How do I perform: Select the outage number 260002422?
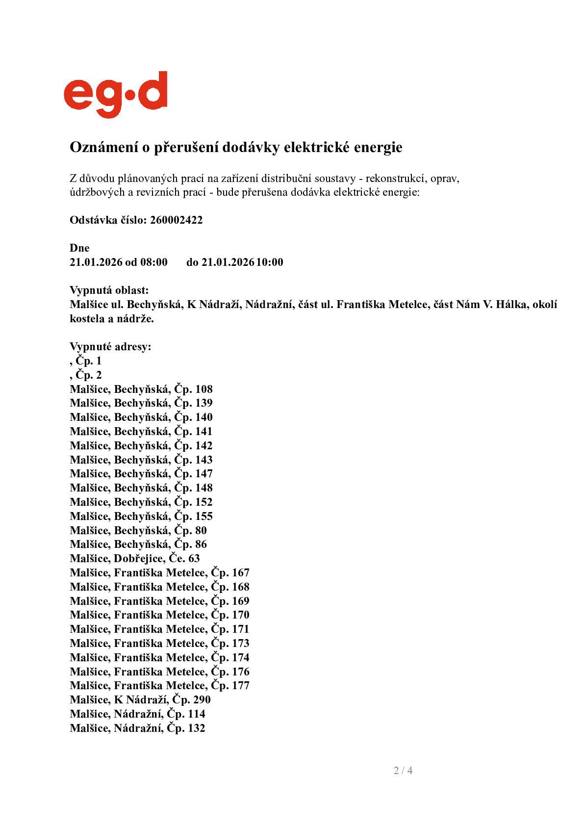176,220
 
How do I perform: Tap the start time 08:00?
154,262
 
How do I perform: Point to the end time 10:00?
270,262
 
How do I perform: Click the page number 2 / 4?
403,770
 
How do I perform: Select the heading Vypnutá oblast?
109,290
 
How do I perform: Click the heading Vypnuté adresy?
110,347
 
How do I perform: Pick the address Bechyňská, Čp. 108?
141,389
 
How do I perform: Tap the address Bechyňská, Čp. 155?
141,516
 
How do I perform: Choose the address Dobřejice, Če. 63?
135,559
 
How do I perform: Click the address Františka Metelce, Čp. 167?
159,573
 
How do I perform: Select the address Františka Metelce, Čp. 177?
159,686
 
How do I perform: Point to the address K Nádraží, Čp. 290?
140,700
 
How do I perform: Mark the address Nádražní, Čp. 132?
137,728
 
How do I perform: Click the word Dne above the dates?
79,248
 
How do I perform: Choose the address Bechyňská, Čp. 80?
138,530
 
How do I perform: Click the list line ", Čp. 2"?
86,375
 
